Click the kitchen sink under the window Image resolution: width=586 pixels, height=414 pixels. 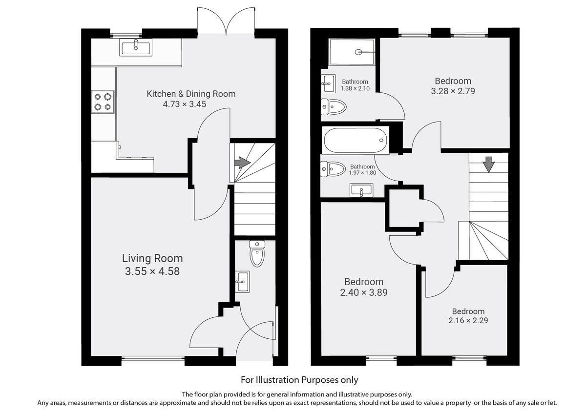click(x=135, y=47)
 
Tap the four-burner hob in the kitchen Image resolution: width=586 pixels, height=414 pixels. click(x=103, y=102)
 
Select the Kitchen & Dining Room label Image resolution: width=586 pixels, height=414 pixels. click(x=191, y=94)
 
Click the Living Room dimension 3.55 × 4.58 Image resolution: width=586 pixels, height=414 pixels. click(x=152, y=271)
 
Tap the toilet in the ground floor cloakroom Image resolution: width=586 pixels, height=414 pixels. click(x=256, y=253)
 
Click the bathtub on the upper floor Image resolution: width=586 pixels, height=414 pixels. click(x=356, y=140)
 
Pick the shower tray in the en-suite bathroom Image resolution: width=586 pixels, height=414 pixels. click(x=352, y=52)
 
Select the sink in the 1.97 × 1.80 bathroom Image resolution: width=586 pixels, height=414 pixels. click(x=361, y=190)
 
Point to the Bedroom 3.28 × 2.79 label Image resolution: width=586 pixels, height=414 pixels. click(x=453, y=81)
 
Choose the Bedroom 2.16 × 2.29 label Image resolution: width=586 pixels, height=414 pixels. click(x=468, y=311)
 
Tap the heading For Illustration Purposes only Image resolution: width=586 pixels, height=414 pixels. click(x=299, y=379)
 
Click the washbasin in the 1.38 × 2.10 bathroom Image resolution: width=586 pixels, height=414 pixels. click(x=328, y=83)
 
